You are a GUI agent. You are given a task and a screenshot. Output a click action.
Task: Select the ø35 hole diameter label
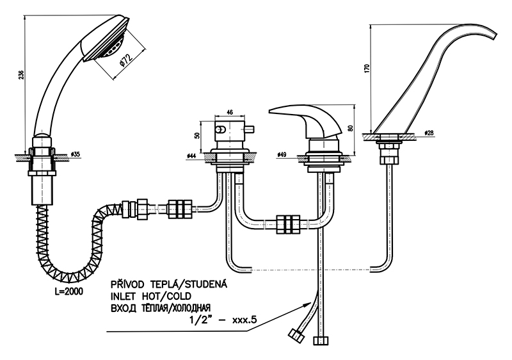(x=76, y=154)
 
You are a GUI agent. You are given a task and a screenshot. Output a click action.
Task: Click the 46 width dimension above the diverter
(x=230, y=111)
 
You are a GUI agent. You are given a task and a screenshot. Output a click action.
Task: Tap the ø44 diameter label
(x=192, y=155)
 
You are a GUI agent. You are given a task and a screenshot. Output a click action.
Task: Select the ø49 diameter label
(x=282, y=155)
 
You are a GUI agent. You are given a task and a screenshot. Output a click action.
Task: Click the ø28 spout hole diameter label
(x=429, y=133)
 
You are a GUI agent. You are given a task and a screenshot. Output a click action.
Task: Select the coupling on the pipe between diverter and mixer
(x=287, y=224)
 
